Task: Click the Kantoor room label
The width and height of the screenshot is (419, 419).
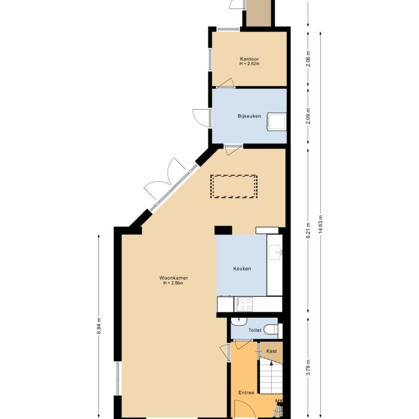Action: tap(248, 59)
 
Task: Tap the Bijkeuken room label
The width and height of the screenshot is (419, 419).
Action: tap(249, 116)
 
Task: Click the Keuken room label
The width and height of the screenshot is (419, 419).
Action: tap(242, 269)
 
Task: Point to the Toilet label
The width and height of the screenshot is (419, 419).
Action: tap(254, 330)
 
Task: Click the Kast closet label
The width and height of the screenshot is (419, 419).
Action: tap(271, 351)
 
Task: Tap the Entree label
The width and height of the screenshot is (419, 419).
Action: tap(247, 393)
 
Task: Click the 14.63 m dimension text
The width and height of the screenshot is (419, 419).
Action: tap(321, 226)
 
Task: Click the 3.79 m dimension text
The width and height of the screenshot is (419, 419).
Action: tap(308, 366)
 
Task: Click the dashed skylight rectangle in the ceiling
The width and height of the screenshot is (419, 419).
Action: tap(233, 186)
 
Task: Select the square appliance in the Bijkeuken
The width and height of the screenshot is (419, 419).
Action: tap(277, 121)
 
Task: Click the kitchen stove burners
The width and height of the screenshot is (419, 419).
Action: tap(245, 303)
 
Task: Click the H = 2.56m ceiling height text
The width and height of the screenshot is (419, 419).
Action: tap(174, 283)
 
